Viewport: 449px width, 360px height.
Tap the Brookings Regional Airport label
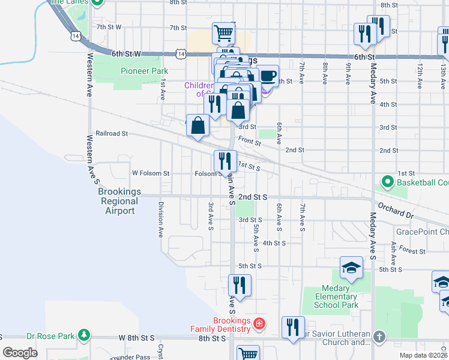tap(120, 201)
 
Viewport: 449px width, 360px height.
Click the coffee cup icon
tap(268, 76)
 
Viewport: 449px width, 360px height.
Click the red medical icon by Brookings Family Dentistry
tap(259, 325)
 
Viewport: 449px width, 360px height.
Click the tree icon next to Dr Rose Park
tap(85, 334)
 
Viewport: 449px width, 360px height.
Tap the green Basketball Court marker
tap(387, 182)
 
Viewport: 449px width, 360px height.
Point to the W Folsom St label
tap(151, 173)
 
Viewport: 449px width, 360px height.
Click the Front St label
tap(249, 140)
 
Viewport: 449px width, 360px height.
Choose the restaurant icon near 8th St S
tap(292, 327)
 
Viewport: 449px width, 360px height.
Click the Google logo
tap(20, 353)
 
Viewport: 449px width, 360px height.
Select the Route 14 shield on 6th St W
tap(181, 54)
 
